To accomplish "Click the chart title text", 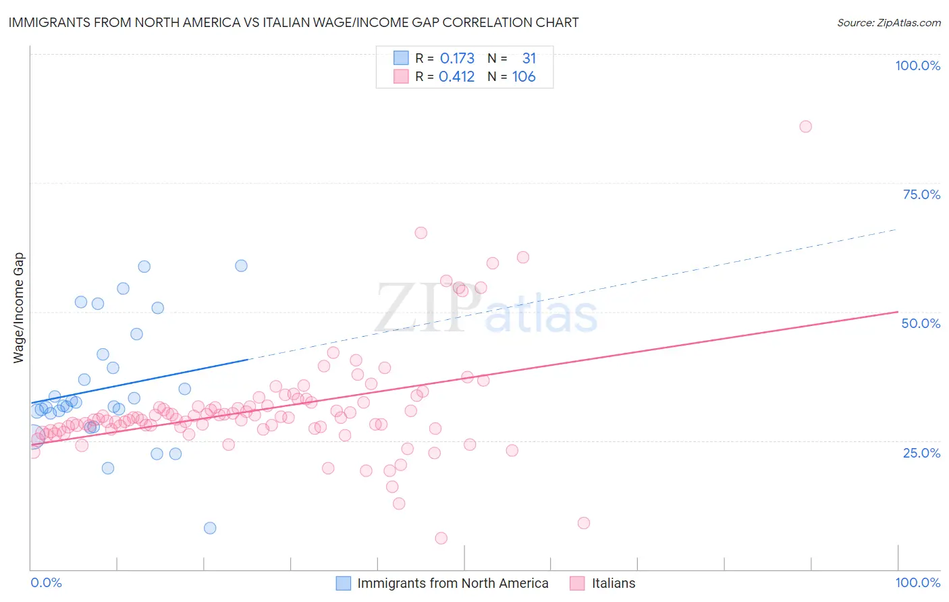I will point(294,22).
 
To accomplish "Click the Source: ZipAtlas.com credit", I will point(888,22).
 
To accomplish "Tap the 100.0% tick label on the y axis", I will point(917,65).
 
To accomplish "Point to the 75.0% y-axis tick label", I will point(921,194).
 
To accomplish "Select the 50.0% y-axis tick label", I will point(921,323).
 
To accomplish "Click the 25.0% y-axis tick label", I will point(921,453).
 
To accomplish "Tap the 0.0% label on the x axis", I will point(46,582).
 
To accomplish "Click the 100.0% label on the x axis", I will point(917,582).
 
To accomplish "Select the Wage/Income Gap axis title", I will point(19,308).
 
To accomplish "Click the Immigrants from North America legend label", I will point(452,583).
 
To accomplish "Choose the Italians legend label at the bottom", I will point(613,583).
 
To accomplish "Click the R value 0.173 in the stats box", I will point(457,59).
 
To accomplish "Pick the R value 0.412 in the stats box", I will point(456,77).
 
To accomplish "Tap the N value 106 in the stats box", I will point(524,77).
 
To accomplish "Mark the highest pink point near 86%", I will point(805,126).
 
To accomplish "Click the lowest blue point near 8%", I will point(210,528).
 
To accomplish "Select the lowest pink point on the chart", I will point(441,538).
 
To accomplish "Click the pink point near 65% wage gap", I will point(421,233).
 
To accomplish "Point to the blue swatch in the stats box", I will point(401,58).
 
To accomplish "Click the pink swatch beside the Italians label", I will point(576,583).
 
